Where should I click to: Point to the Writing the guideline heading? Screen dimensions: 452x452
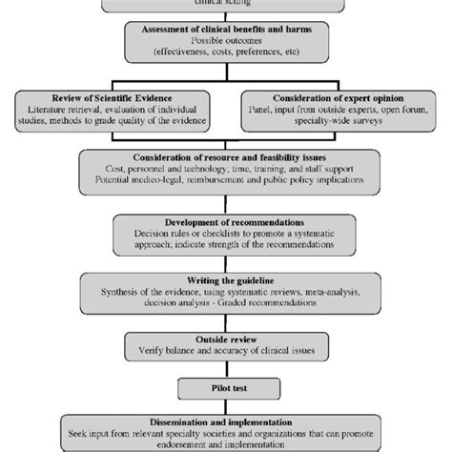click(x=225, y=277)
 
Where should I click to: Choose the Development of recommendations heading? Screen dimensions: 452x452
click(x=225, y=220)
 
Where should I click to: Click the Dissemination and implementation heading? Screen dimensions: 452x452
click(x=225, y=422)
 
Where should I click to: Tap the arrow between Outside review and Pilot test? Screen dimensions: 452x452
click(x=226, y=367)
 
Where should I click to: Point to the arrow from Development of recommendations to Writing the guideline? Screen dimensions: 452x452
click(x=226, y=258)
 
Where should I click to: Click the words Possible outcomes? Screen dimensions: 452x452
click(x=225, y=44)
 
